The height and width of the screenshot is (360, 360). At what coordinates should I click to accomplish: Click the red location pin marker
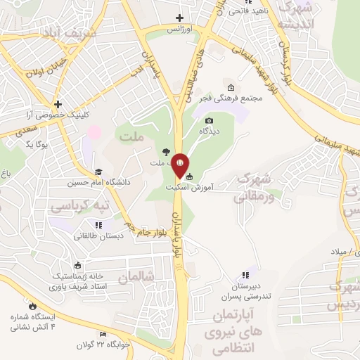tap(180, 165)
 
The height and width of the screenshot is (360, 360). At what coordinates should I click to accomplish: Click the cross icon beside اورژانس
tap(180, 18)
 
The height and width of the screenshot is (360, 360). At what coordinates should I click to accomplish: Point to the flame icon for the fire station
tap(32, 306)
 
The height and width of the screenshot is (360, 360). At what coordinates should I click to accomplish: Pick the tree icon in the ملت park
tap(165, 151)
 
